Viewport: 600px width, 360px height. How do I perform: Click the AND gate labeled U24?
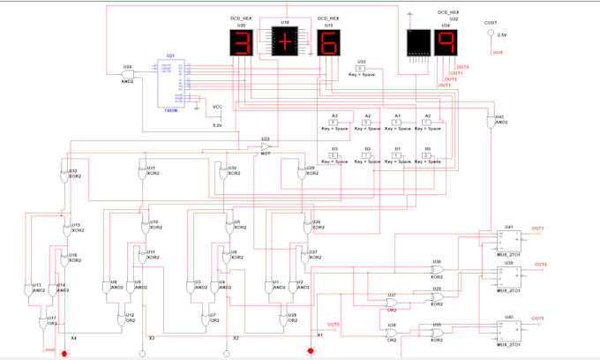click(x=128, y=74)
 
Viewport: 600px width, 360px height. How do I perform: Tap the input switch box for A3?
click(x=333, y=123)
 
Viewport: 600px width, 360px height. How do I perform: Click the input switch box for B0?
click(x=428, y=155)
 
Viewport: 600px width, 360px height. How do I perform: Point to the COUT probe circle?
click(x=491, y=34)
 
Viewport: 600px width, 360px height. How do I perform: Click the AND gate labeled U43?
click(x=491, y=123)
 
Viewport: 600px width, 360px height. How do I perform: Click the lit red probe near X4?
click(x=64, y=353)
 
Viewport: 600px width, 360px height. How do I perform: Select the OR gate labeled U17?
click(x=50, y=324)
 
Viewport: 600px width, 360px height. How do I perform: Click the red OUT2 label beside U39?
click(x=540, y=264)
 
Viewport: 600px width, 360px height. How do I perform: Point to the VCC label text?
click(x=218, y=107)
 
